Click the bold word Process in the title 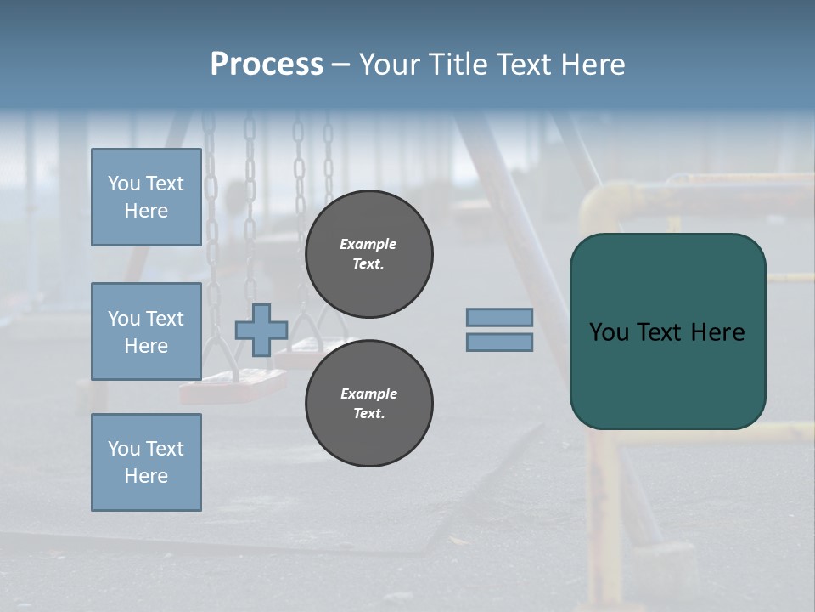tap(267, 65)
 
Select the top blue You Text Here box tap(146, 197)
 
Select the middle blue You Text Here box tap(146, 331)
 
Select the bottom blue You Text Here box tap(146, 462)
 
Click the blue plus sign tap(261, 330)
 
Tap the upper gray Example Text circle tap(368, 254)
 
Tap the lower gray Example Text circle tap(368, 404)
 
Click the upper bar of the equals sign tap(499, 318)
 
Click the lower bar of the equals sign tap(499, 342)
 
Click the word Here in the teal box tap(717, 332)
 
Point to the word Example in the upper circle tap(368, 244)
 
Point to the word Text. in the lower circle tap(368, 414)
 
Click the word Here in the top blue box tap(146, 211)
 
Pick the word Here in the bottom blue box tap(146, 476)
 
